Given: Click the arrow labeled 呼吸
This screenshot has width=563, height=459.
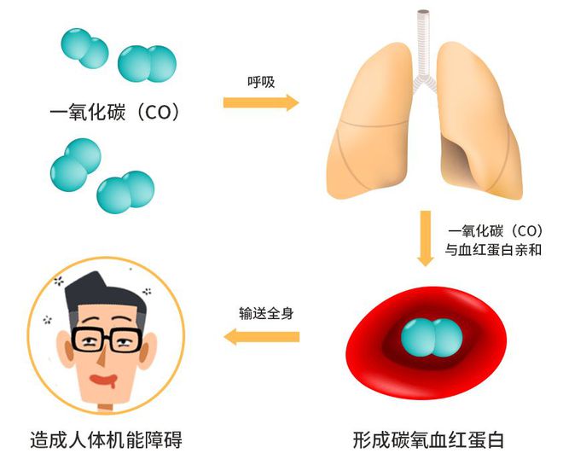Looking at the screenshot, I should (261, 103).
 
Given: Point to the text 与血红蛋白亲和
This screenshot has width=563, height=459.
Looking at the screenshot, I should (494, 251).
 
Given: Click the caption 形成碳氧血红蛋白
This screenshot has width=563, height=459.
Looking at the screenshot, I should (428, 440).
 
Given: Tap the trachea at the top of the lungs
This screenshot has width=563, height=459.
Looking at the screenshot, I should (424, 43).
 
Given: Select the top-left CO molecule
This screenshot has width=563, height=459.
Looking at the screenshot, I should (84, 49).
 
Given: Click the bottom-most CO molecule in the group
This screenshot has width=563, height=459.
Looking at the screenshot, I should (125, 194).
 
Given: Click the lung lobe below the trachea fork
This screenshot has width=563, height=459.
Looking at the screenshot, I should (375, 128).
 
